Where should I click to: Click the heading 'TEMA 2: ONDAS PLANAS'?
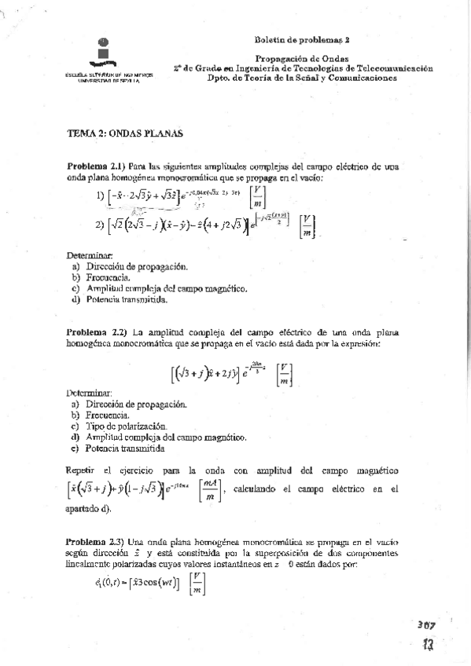click(x=125, y=134)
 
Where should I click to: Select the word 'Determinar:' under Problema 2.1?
click(x=89, y=255)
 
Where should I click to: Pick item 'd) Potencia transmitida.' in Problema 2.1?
click(x=119, y=299)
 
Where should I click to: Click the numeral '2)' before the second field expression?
click(x=99, y=225)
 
